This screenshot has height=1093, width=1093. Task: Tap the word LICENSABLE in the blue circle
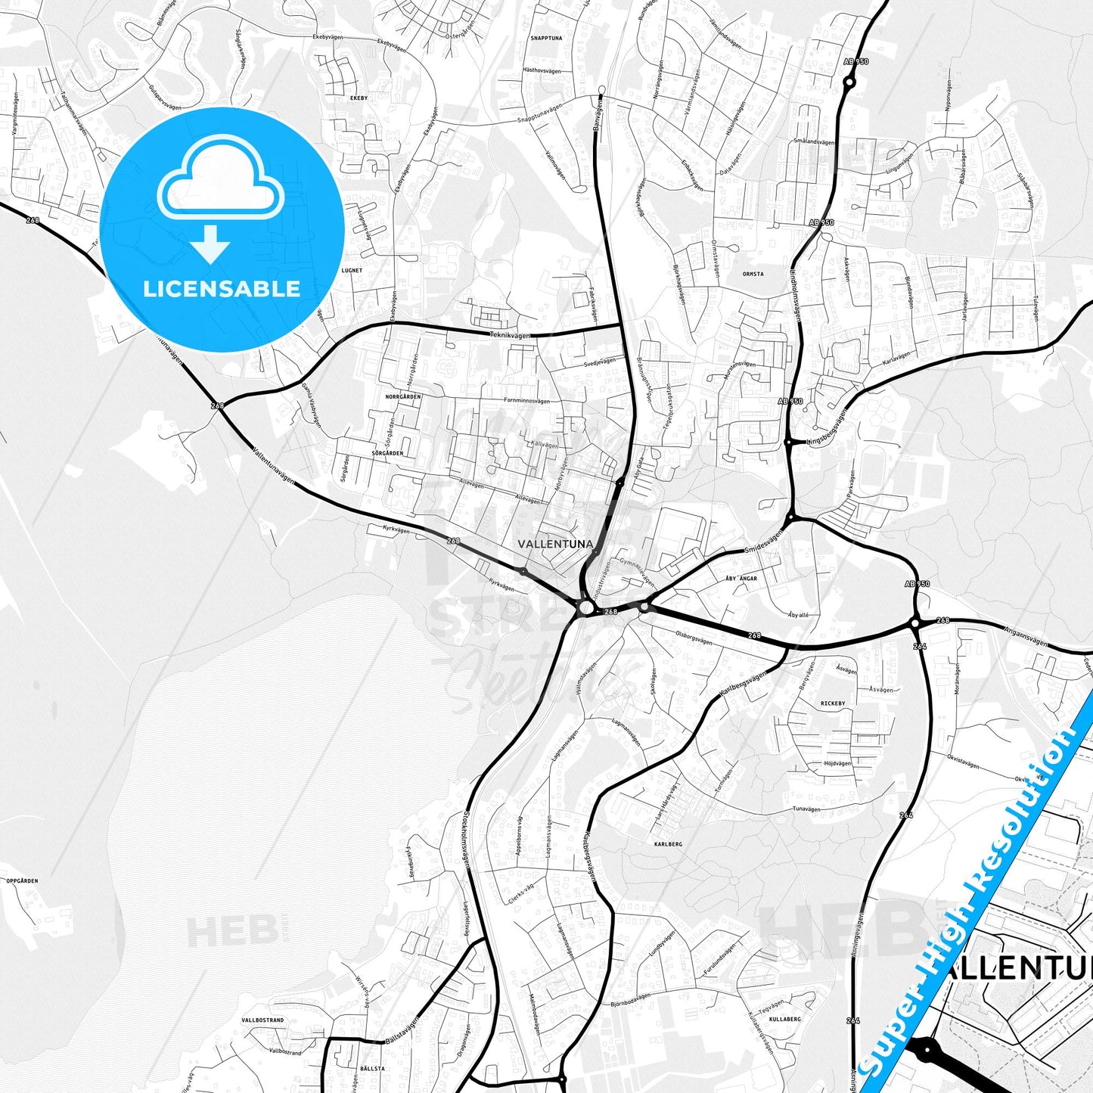pos(222,288)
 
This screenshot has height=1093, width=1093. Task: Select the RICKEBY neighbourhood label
pos(833,703)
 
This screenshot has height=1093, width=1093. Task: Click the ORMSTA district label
pos(753,275)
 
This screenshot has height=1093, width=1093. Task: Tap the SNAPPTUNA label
pos(546,38)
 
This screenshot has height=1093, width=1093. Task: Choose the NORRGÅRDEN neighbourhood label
pos(402,396)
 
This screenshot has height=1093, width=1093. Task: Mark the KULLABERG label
pos(784,1019)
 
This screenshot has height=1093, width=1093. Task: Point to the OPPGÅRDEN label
pos(22,881)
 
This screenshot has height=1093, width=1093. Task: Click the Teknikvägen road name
pos(510,334)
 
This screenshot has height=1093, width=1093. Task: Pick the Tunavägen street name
pos(806,809)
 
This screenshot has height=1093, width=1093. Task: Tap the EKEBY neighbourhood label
pos(359,98)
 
